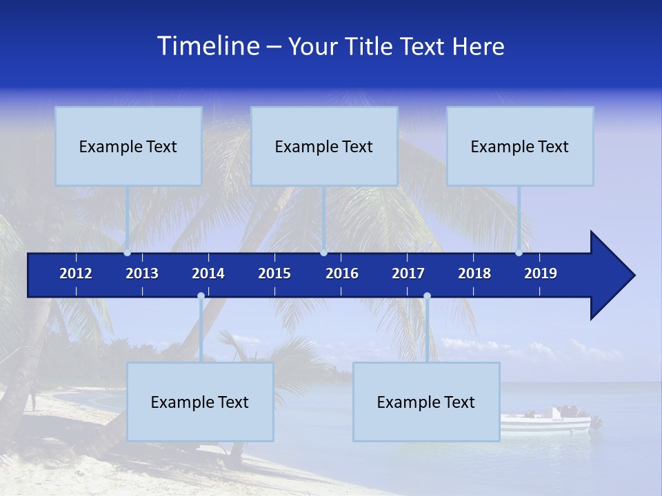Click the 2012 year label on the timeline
pos(76,273)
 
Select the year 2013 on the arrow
pos(142,273)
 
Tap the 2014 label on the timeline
pos(208,273)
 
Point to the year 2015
pos(274,273)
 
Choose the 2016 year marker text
pos(342,273)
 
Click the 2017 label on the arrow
pos(408,273)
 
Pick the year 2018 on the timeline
pos(474,273)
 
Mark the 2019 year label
pos(541,273)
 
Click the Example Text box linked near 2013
pos(128,146)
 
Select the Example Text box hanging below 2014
pos(200,402)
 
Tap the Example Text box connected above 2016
pos(324,146)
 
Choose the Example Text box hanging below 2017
pos(426,402)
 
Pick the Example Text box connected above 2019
pos(520,146)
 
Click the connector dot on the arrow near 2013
pos(127,253)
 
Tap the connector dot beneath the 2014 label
pos(201,296)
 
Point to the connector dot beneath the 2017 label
pos(427,296)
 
